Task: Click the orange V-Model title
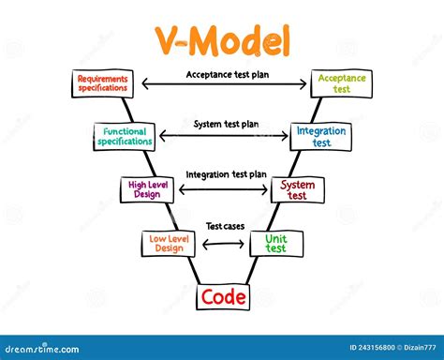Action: tap(222, 41)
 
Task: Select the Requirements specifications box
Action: tap(103, 84)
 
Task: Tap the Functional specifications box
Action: tap(126, 137)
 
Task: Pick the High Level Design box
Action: tap(147, 190)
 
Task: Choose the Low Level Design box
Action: tap(168, 244)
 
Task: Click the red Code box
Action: tap(223, 297)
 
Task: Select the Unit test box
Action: tap(274, 244)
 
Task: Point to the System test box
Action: tap(297, 190)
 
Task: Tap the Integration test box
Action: tap(320, 137)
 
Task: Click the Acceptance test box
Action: tap(341, 84)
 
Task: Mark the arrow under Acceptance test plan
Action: tap(222, 85)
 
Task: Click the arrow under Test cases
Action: tap(223, 245)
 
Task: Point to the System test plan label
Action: tap(226, 124)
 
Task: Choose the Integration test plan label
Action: tap(226, 174)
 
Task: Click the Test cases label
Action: tap(226, 226)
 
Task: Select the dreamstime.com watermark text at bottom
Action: tap(47, 348)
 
